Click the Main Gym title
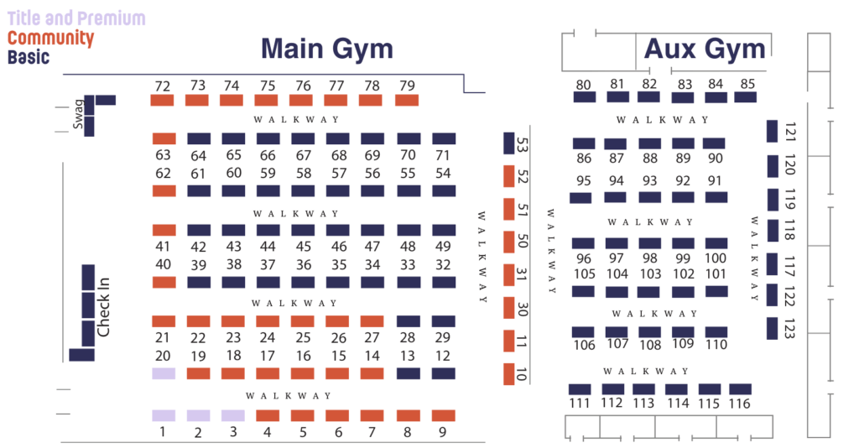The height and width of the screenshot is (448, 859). pyautogui.click(x=327, y=49)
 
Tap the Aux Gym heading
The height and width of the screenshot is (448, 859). pyautogui.click(x=705, y=49)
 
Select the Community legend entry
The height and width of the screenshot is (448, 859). pyautogui.click(x=50, y=39)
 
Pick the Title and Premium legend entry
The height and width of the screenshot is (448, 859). pyautogui.click(x=76, y=18)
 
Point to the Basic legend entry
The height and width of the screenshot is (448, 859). pyautogui.click(x=29, y=58)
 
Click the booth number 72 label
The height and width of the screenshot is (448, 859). pyautogui.click(x=163, y=86)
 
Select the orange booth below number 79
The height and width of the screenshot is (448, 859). pyautogui.click(x=407, y=101)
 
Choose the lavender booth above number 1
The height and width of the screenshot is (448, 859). pyautogui.click(x=164, y=415)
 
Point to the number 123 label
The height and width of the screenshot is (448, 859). pyautogui.click(x=789, y=328)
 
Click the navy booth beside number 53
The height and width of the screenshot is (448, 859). pyautogui.click(x=508, y=143)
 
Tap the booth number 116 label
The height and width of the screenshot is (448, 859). pyautogui.click(x=739, y=404)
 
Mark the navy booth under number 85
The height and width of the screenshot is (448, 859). pyautogui.click(x=746, y=97)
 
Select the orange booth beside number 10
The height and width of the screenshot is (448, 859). pyautogui.click(x=508, y=374)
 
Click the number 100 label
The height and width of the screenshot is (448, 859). pyautogui.click(x=716, y=258)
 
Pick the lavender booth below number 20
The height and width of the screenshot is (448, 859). pyautogui.click(x=164, y=373)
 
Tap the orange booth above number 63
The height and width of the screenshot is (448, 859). pyautogui.click(x=164, y=138)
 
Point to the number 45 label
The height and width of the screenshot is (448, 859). pyautogui.click(x=304, y=247)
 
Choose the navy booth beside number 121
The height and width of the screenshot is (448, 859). pyautogui.click(x=772, y=131)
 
